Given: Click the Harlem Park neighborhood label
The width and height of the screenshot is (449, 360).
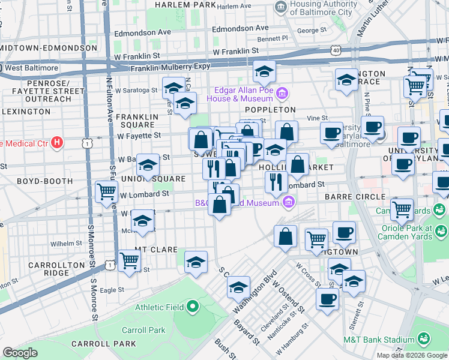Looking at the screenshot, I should pyautogui.click(x=184, y=5).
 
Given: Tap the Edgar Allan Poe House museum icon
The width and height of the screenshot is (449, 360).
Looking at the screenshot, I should pyautogui.click(x=282, y=94).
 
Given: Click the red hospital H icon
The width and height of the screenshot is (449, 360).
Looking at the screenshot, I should pyautogui.click(x=56, y=143).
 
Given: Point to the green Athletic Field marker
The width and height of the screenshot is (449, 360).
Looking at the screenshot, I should pyautogui.click(x=193, y=307).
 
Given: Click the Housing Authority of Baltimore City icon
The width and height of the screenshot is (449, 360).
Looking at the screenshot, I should pyautogui.click(x=280, y=8).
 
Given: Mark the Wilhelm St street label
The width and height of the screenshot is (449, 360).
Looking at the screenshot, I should pyautogui.click(x=65, y=244).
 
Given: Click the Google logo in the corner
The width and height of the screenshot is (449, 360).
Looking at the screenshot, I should pyautogui.click(x=20, y=352).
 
